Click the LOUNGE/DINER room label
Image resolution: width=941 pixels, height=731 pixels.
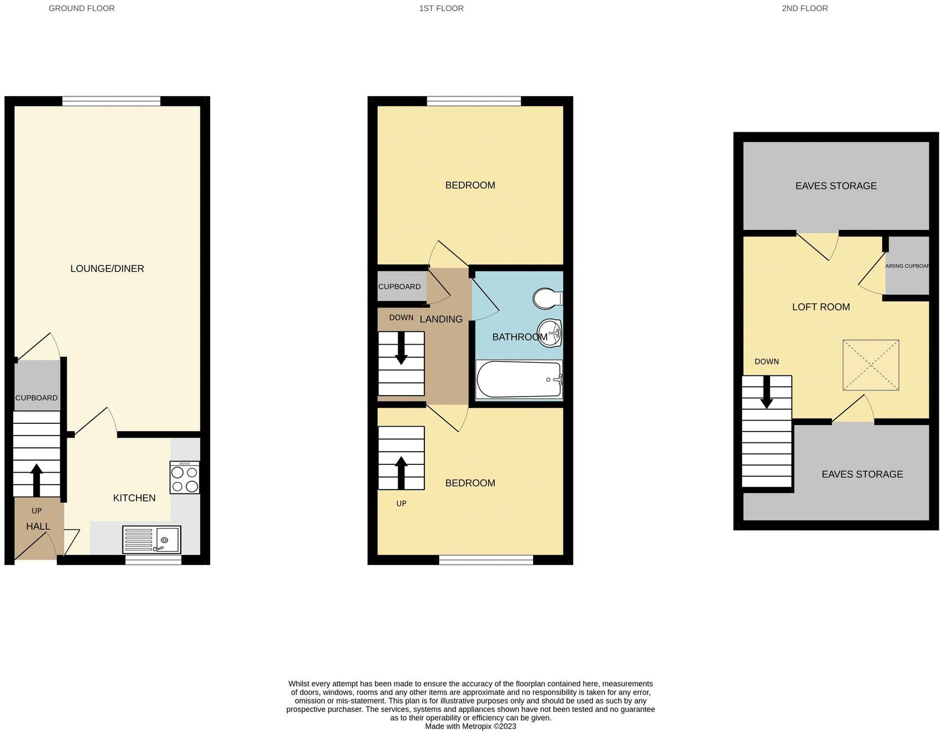click(107, 268)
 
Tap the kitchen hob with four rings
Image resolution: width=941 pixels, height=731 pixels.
click(185, 478)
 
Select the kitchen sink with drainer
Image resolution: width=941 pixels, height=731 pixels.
click(151, 540)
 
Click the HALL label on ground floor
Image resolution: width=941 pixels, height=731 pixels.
click(38, 526)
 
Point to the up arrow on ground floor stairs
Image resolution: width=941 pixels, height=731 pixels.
click(37, 479)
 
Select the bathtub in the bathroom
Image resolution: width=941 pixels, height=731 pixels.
click(519, 380)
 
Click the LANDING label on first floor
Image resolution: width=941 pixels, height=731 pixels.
click(441, 319)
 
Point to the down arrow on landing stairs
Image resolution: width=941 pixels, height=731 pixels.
click(401, 348)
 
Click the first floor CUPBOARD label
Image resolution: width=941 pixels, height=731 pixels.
click(399, 286)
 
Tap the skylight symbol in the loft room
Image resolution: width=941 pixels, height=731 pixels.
click(871, 365)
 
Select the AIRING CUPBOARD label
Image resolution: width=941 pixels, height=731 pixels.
click(907, 266)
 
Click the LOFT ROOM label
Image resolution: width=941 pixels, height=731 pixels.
click(821, 307)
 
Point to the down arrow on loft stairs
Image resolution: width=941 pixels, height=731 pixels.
click(766, 392)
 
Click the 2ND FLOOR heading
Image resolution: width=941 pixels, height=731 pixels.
click(804, 8)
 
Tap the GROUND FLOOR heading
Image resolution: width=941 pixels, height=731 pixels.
click(81, 8)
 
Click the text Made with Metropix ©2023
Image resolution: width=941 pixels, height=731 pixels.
click(470, 726)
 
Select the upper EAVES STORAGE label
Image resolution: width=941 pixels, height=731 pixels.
click(836, 186)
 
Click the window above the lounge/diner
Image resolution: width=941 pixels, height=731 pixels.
click(111, 101)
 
